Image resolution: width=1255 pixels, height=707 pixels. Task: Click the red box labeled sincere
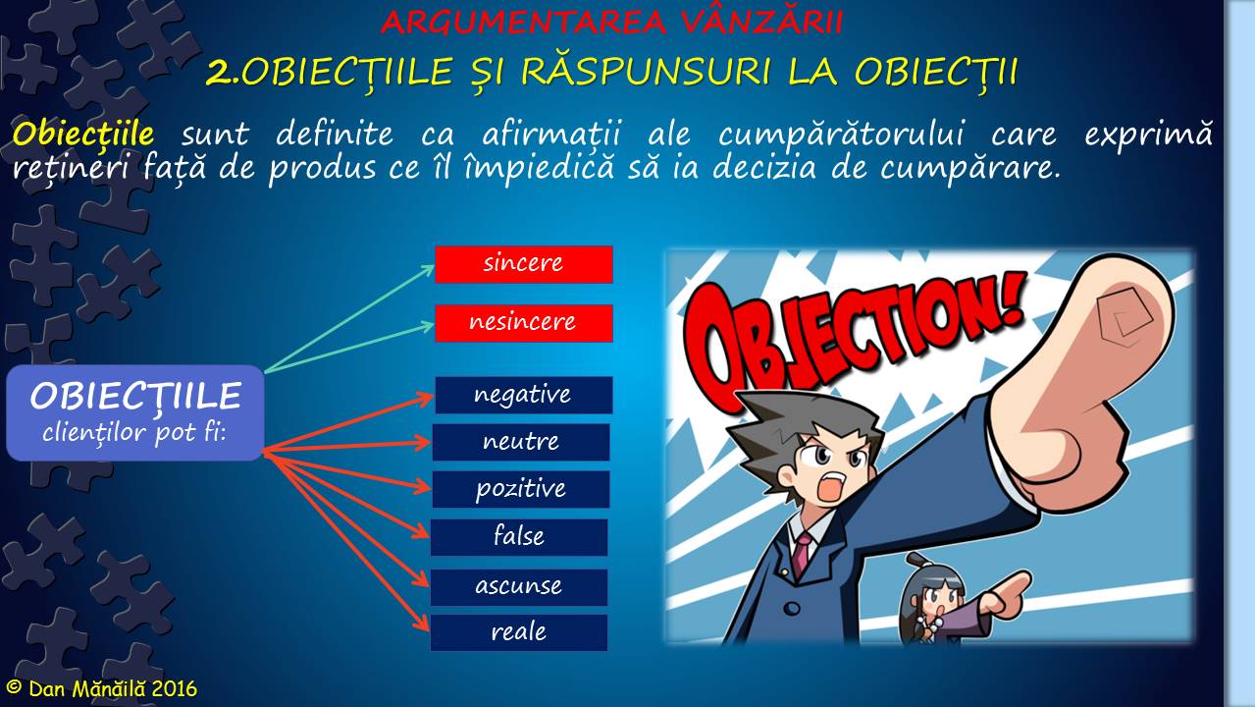click(x=523, y=264)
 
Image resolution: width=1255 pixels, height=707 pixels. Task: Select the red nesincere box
click(x=523, y=323)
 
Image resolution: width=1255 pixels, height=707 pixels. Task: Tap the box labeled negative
click(x=523, y=395)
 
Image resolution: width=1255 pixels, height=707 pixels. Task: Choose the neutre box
click(x=520, y=442)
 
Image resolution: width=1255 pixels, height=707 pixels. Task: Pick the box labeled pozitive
click(x=520, y=489)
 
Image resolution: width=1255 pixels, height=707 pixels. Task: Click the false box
click(x=518, y=537)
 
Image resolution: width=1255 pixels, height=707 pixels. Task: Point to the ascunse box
click(x=518, y=586)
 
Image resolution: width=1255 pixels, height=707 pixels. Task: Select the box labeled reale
click(x=518, y=632)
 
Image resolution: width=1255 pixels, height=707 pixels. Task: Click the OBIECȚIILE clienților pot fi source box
click(x=135, y=412)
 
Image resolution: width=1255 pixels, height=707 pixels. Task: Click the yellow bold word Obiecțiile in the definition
click(x=82, y=133)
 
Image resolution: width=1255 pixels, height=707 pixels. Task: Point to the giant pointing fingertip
click(x=1119, y=314)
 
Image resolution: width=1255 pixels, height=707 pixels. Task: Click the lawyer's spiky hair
click(x=795, y=412)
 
